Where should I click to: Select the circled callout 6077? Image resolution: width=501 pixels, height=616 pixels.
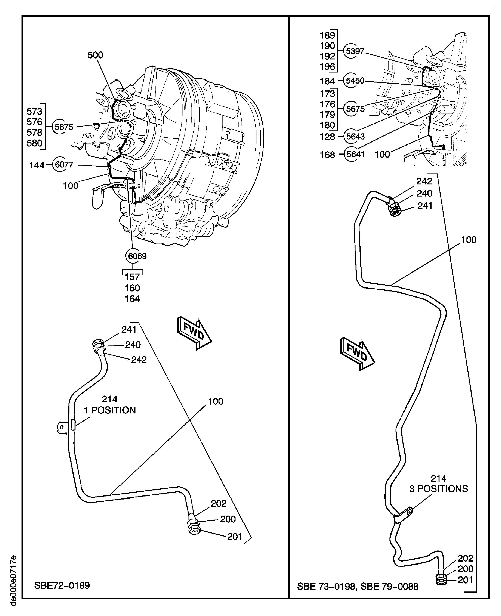(x=64, y=165)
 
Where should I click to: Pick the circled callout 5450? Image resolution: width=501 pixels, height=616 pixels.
(x=355, y=81)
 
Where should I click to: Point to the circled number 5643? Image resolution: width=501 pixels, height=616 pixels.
(x=355, y=136)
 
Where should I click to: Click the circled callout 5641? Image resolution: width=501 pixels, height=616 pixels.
(x=355, y=154)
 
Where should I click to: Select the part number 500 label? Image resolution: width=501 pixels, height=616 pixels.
(x=95, y=55)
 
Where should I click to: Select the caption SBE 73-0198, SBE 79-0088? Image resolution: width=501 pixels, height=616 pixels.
(x=358, y=586)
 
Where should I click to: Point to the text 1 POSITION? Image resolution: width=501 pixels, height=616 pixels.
(x=110, y=410)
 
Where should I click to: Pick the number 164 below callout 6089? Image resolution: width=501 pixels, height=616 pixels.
(x=132, y=299)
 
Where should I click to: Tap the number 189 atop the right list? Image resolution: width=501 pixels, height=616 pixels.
(x=327, y=35)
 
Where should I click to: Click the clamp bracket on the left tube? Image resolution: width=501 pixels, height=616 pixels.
(x=62, y=427)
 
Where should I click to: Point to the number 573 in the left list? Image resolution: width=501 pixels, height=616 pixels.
(x=34, y=111)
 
